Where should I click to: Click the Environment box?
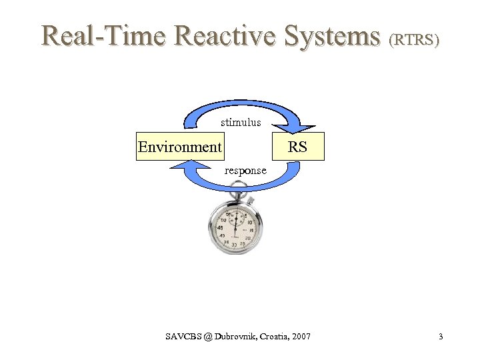(179, 147)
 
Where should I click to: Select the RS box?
(297, 147)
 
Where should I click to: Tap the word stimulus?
(241, 123)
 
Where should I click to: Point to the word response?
(245, 171)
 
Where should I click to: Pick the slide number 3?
(441, 337)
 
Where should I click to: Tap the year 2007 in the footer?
(301, 337)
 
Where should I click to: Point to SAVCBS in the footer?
(181, 337)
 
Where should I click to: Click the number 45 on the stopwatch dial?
(220, 227)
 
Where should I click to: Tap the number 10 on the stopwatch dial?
(249, 222)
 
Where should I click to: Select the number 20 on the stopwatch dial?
(247, 238)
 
